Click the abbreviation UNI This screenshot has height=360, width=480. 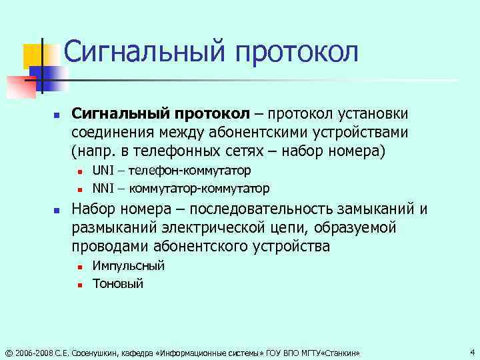tap(103, 171)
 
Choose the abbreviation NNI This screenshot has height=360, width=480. tap(103, 187)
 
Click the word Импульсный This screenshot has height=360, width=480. tap(129, 266)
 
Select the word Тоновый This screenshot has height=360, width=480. tap(118, 283)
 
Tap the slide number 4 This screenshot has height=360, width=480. tap(472, 351)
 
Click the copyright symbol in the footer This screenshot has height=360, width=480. tap(8, 353)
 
